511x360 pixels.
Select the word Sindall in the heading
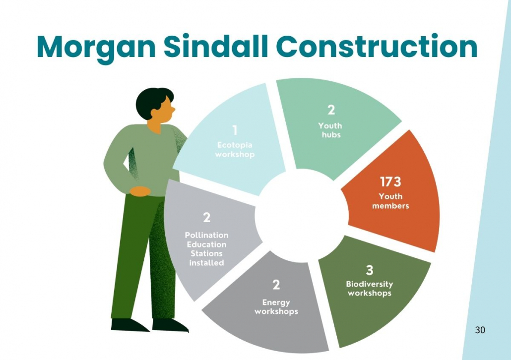215,46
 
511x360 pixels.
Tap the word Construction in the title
377,46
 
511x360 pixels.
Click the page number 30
480,330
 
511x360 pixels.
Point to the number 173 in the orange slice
390,182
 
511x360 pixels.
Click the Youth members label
390,201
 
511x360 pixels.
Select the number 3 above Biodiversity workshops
369,270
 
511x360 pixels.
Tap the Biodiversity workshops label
370,289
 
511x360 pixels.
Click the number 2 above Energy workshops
276,285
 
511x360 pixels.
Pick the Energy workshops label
276,307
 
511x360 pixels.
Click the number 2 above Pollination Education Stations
206,217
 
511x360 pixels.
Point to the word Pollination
206,235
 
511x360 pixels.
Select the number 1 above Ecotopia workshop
235,130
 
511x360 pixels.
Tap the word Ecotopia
235,145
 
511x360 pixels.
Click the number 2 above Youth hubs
331,110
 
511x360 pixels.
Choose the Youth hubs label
331,130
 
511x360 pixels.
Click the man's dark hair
150,102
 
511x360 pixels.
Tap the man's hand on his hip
140,191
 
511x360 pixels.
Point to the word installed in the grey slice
206,263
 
